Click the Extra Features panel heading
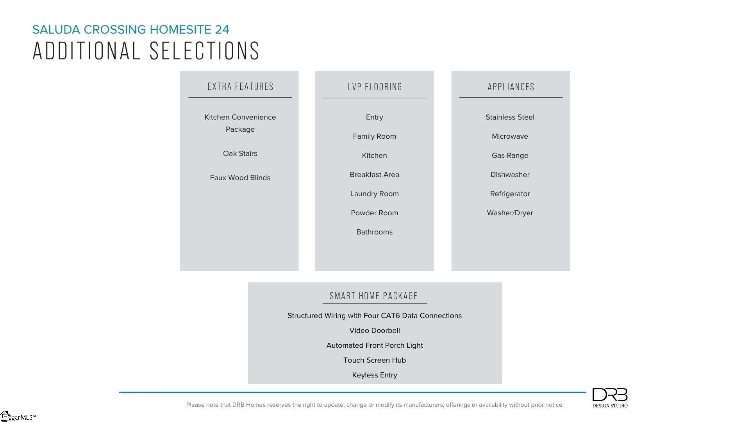click(240, 87)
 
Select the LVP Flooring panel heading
click(375, 87)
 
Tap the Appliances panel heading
click(511, 87)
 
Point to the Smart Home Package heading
click(374, 296)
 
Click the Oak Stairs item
click(240, 154)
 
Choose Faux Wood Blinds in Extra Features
click(240, 178)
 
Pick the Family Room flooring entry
click(374, 136)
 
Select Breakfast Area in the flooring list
click(374, 175)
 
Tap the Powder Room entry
click(374, 213)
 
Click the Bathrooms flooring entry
click(374, 232)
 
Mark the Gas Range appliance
click(510, 156)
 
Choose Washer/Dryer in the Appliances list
click(510, 213)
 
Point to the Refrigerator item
click(510, 194)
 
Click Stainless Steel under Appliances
click(510, 117)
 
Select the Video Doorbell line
click(374, 331)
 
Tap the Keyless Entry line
click(374, 375)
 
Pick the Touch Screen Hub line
click(374, 360)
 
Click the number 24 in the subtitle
click(222, 30)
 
